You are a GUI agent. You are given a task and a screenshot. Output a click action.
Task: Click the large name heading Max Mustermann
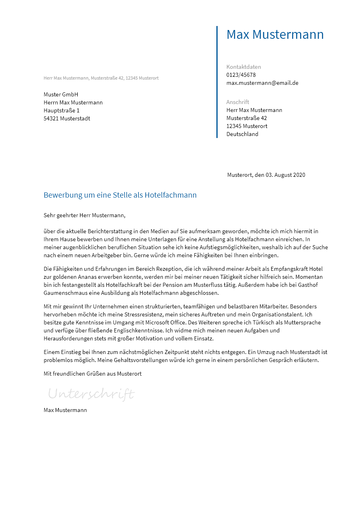pos(275,34)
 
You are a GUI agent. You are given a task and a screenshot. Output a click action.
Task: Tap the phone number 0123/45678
pos(241,75)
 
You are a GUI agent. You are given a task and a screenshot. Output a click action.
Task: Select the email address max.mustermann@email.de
pos(262,83)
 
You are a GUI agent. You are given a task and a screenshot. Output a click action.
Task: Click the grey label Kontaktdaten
pos(244,67)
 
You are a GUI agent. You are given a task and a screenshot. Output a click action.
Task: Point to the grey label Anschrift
pos(238,102)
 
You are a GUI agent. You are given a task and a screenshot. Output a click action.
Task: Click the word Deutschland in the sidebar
pos(242,134)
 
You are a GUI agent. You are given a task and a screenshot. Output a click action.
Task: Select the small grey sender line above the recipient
pos(101,78)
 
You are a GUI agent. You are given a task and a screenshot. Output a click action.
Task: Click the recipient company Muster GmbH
pos(61,94)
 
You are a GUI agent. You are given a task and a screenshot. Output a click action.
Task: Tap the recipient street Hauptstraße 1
pos(62,110)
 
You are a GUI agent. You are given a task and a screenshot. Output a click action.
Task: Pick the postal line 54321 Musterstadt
pos(67,118)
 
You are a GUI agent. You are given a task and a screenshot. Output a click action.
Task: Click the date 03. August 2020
pos(285,175)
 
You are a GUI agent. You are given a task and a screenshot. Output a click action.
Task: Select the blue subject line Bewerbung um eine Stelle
pos(120,195)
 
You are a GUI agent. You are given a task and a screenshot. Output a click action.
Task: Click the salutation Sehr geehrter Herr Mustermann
pos(84,215)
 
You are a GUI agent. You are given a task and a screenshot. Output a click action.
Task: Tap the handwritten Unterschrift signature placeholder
pos(91,394)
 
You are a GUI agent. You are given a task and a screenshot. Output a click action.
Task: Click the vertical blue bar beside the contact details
pos(217,82)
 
